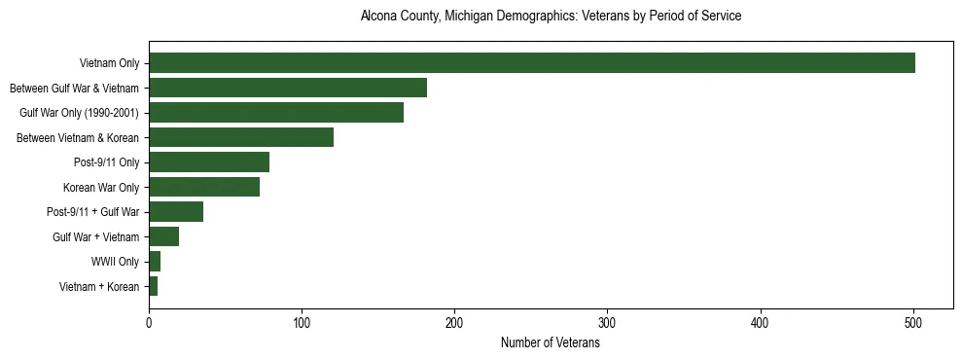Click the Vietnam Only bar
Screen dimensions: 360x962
click(x=532, y=63)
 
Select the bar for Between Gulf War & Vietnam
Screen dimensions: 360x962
click(x=288, y=89)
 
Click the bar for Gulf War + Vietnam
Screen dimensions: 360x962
click(x=163, y=237)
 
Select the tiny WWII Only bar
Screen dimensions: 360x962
click(x=155, y=262)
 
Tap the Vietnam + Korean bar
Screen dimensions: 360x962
click(x=153, y=287)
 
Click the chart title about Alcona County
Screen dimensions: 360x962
click(x=551, y=17)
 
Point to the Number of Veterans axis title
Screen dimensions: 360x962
click(x=551, y=343)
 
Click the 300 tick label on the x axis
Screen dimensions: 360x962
click(x=607, y=324)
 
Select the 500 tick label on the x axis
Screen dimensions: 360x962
click(x=913, y=324)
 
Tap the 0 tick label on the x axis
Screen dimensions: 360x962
click(x=149, y=324)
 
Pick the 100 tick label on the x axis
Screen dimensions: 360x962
click(x=302, y=324)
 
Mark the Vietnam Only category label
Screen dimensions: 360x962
click(x=109, y=64)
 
